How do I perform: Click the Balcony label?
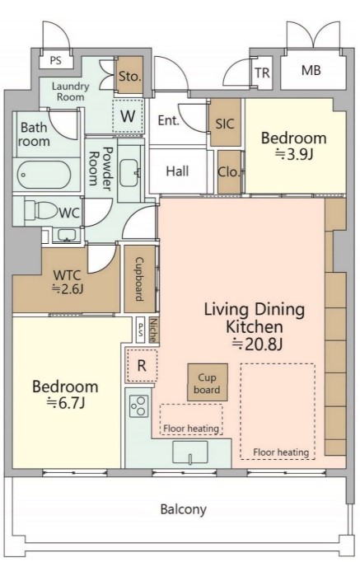[183, 509]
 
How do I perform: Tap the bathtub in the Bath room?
[44, 175]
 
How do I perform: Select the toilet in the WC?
[40, 210]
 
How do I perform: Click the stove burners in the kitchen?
[139, 406]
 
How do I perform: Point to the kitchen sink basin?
[189, 452]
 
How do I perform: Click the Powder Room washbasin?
[129, 173]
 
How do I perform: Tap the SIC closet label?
[225, 124]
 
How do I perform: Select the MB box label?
[311, 71]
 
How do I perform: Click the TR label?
[262, 73]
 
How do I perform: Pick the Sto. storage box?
[129, 76]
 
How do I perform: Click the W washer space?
[128, 116]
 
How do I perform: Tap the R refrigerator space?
[142, 366]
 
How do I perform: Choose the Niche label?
[153, 330]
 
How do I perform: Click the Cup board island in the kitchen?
[208, 382]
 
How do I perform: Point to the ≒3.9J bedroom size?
[294, 154]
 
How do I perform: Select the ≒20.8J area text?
[257, 344]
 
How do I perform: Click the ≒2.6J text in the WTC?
[68, 288]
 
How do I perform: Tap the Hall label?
[177, 171]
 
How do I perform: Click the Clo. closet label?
[228, 172]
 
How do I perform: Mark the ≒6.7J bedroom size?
[66, 404]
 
